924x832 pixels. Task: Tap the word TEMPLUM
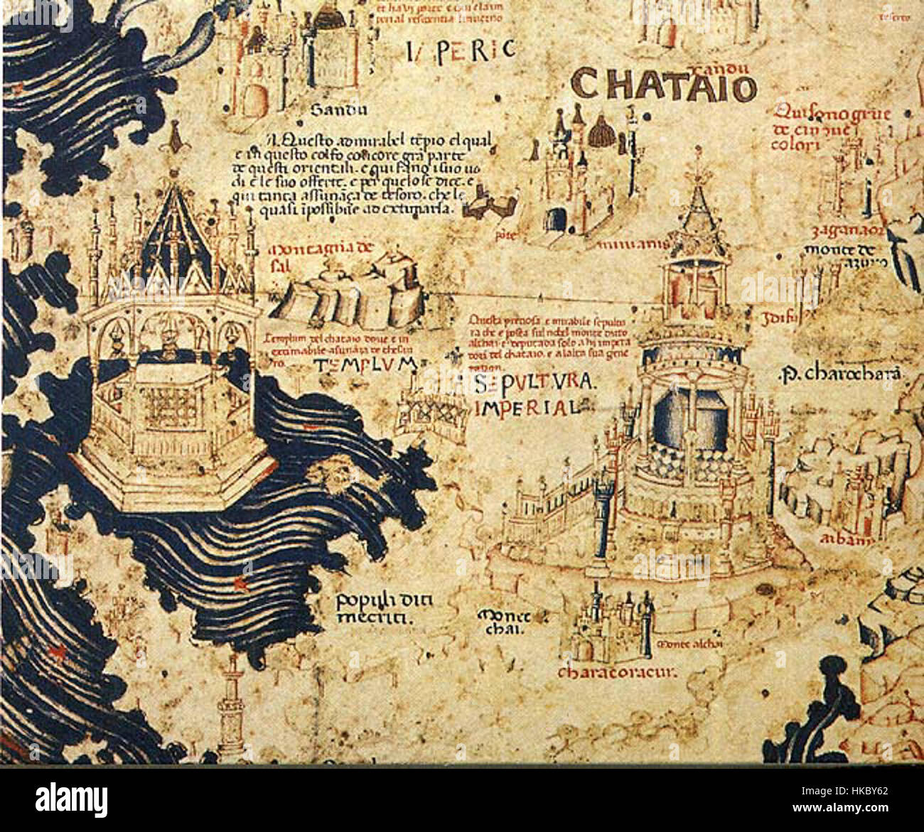click(x=363, y=365)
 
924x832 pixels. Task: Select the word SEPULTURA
click(x=532, y=384)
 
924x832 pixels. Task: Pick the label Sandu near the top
click(x=338, y=110)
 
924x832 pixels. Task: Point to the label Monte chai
click(x=501, y=620)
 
